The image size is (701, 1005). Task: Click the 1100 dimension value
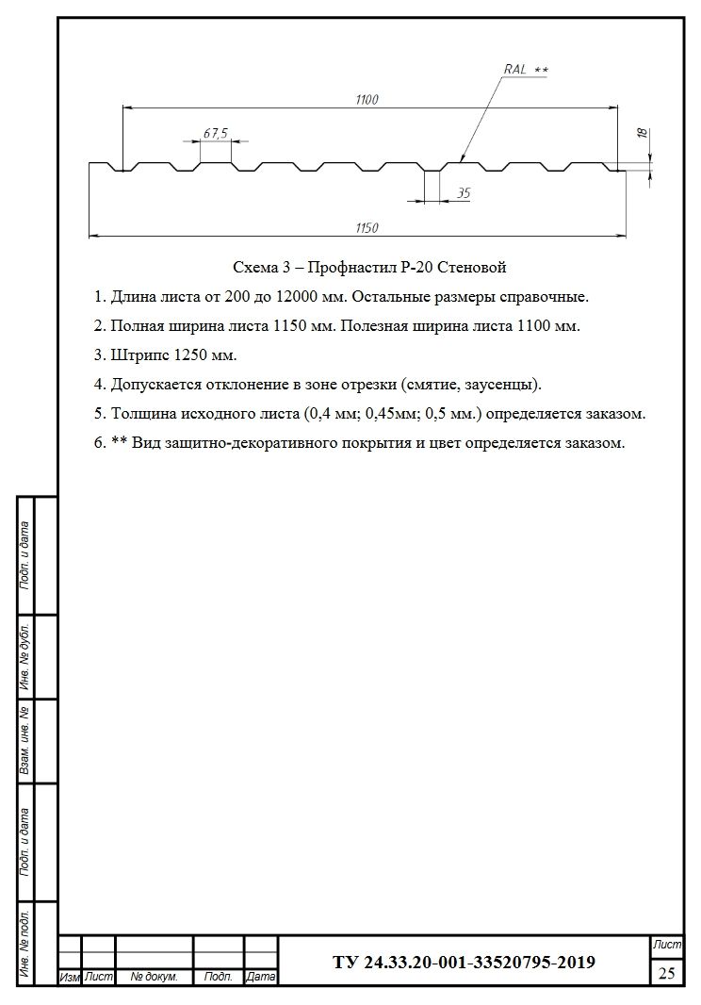tap(367, 100)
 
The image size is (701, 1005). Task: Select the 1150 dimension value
tap(367, 227)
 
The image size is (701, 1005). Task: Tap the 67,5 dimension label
tap(215, 134)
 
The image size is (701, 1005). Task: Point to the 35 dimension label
tap(464, 192)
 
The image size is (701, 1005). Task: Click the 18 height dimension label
tap(643, 134)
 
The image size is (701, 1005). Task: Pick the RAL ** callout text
tap(525, 70)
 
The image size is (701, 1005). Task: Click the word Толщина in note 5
tap(141, 414)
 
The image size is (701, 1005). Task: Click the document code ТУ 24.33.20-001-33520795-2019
tap(464, 963)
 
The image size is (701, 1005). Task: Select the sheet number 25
tap(666, 973)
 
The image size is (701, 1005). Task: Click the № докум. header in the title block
tap(154, 978)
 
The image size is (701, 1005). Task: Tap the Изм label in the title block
tap(69, 978)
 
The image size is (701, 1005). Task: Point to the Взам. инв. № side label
tap(25, 742)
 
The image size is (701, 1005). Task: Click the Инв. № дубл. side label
tap(25, 657)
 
